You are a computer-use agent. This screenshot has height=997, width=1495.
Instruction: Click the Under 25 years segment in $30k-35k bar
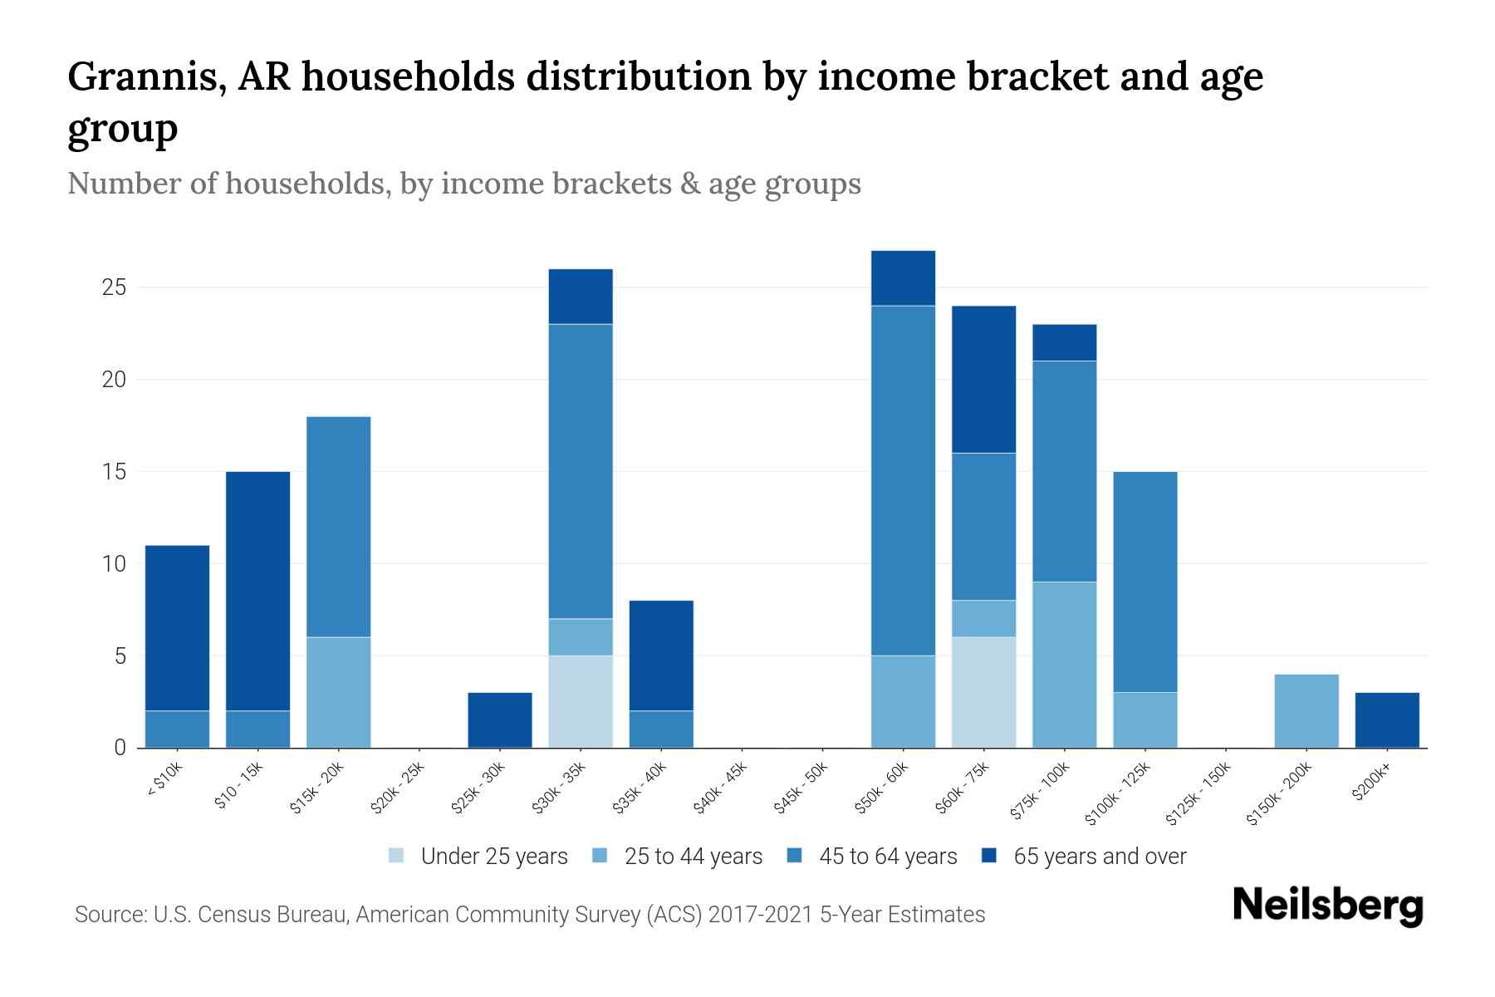pos(581,701)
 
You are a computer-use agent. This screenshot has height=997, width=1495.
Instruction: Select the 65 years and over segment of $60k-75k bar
pos(984,380)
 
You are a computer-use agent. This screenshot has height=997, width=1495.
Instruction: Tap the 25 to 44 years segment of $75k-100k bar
pos(1065,665)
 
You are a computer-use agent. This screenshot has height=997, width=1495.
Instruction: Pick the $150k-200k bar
pos(1306,711)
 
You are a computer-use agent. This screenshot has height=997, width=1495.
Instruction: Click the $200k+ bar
pos(1387,720)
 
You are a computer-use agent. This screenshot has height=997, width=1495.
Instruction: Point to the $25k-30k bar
pos(500,720)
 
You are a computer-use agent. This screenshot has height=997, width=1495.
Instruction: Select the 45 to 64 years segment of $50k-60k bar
pos(904,480)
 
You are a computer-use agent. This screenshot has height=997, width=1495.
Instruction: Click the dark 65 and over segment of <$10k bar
pos(177,628)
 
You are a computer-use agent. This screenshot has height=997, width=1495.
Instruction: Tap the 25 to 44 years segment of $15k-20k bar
pos(339,692)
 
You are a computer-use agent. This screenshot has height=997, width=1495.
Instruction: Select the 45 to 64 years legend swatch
pos(795,856)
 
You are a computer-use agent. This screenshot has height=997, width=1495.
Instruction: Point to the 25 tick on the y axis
pos(114,288)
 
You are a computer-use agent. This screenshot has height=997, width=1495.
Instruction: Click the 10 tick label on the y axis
pos(114,564)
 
